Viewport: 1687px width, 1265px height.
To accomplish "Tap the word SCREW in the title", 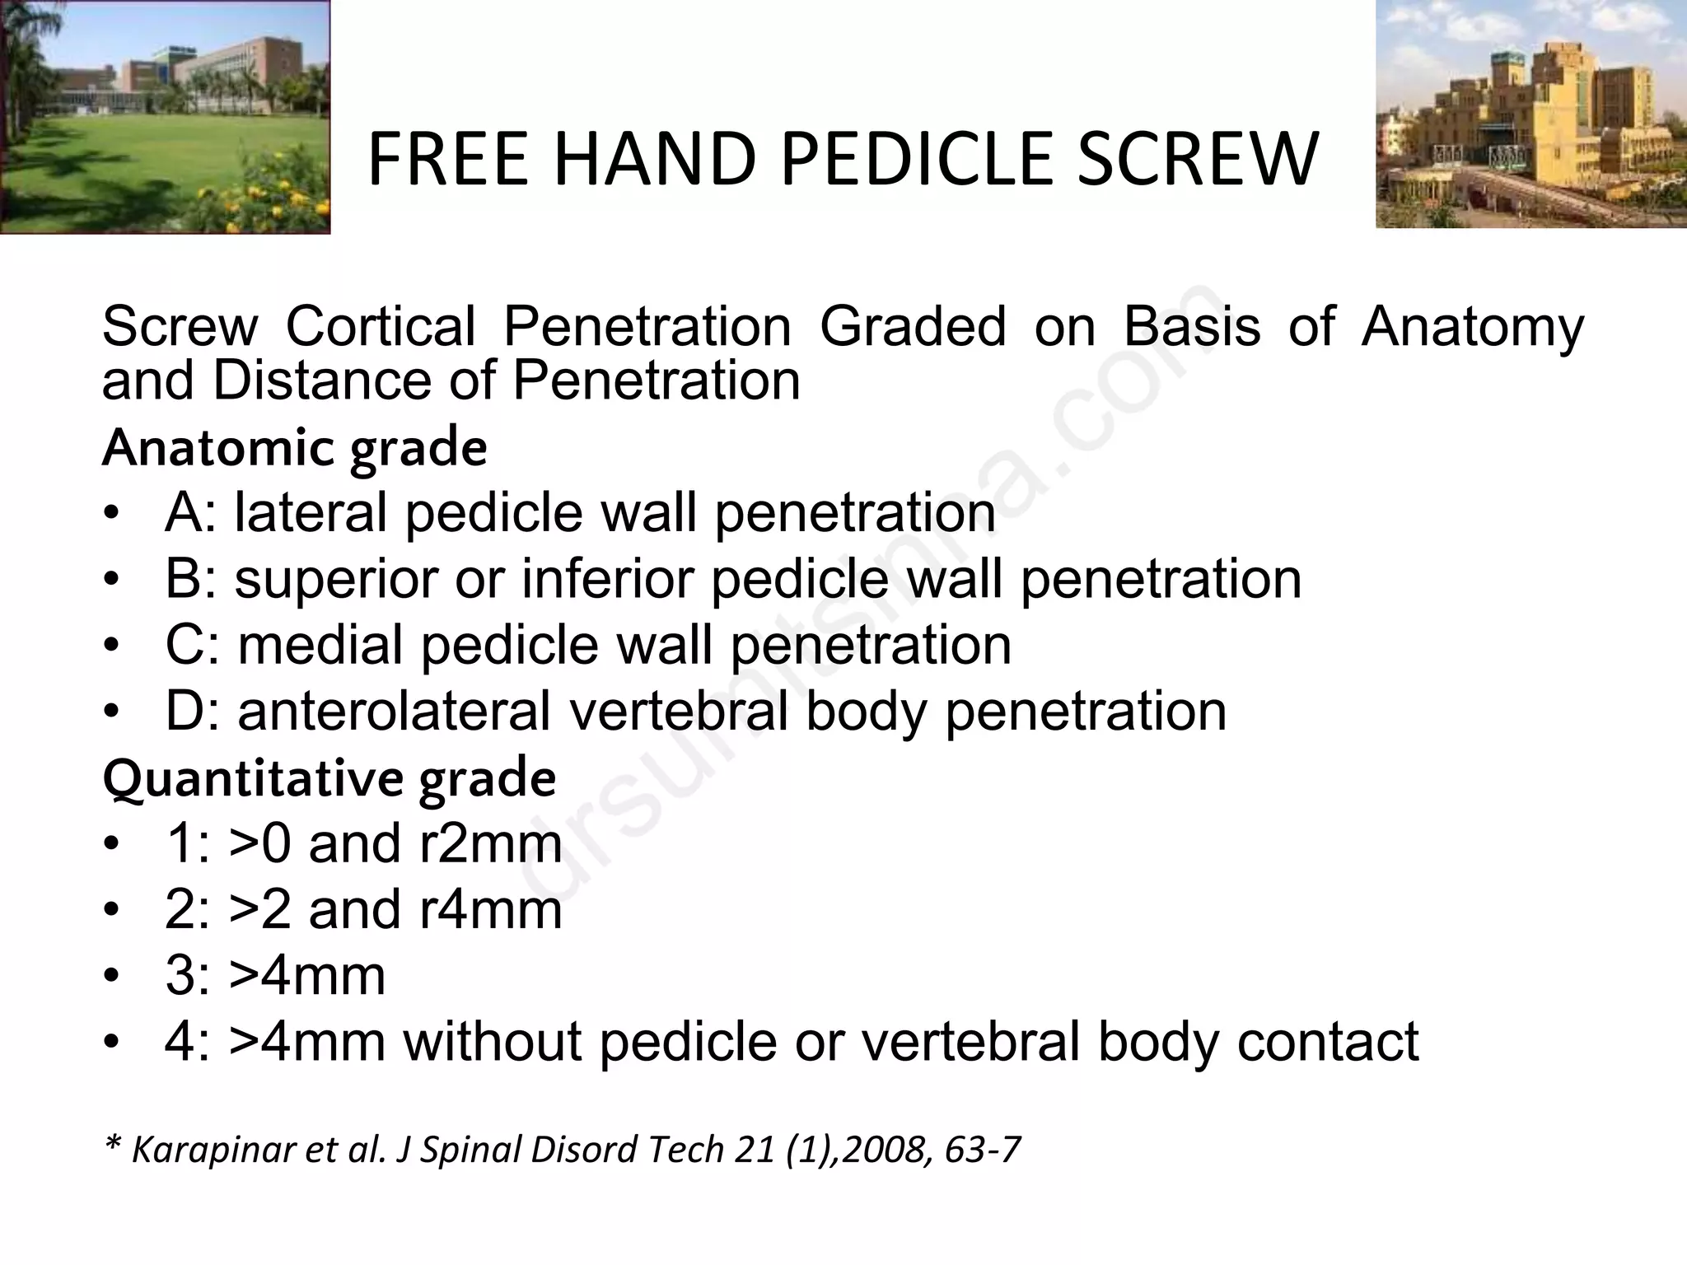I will coord(1198,160).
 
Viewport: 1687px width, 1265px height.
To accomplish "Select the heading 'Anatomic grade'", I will coord(294,448).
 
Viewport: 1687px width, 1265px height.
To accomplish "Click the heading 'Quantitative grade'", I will coord(329,778).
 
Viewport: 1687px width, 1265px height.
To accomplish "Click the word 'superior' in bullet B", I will coord(337,580).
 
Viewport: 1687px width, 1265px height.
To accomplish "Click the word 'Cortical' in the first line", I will coord(381,326).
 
